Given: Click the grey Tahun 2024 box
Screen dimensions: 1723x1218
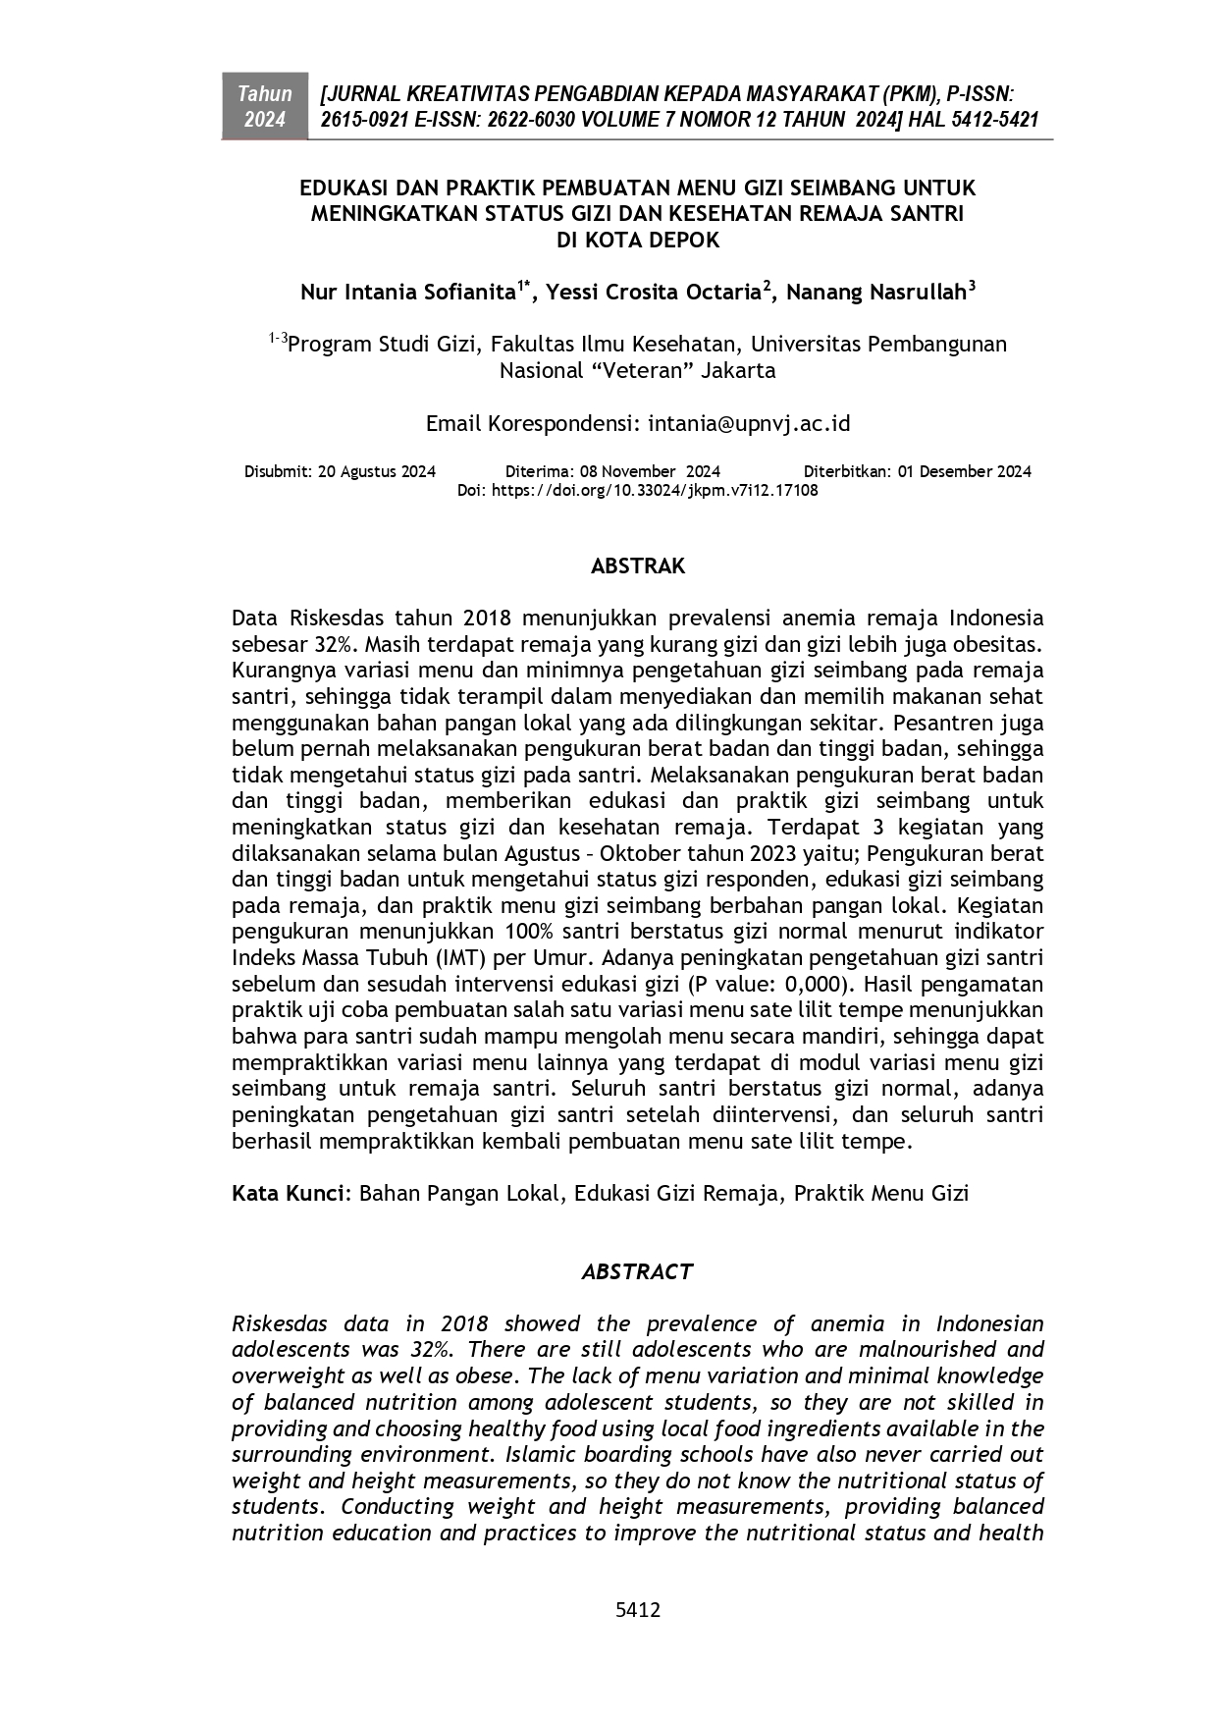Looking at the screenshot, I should point(264,106).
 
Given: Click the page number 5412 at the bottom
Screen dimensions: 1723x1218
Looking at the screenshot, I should point(637,1609).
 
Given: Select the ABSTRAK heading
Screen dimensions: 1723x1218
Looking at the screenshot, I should point(637,565).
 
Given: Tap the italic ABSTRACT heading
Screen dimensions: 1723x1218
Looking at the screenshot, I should point(637,1271).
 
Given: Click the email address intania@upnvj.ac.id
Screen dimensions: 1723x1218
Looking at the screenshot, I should point(749,423).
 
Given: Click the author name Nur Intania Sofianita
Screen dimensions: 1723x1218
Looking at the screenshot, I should point(408,293).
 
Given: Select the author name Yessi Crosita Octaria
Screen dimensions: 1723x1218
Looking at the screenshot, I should point(653,293).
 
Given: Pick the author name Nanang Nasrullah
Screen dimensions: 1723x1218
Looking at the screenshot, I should point(876,293).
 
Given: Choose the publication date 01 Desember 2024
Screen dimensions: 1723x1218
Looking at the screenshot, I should point(964,471).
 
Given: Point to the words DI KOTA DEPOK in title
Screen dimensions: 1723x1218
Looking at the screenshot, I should point(637,240).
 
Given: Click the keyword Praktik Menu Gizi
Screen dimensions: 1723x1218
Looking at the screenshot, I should point(880,1193).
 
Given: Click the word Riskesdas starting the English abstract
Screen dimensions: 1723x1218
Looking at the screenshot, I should point(279,1323).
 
